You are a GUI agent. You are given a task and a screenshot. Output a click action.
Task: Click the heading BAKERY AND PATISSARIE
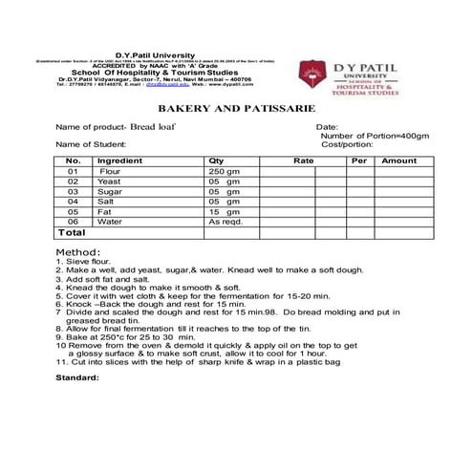click(236, 111)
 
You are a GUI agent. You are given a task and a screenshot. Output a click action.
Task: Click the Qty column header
click(216, 161)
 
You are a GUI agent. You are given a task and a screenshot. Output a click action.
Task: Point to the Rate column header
click(303, 161)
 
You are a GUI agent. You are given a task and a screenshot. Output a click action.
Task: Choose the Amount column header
click(398, 161)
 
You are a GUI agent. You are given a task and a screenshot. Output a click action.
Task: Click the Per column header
click(359, 161)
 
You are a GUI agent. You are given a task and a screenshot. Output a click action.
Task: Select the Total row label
click(73, 232)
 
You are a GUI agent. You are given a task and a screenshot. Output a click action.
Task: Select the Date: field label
click(327, 127)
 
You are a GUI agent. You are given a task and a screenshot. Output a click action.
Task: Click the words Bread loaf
click(156, 127)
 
